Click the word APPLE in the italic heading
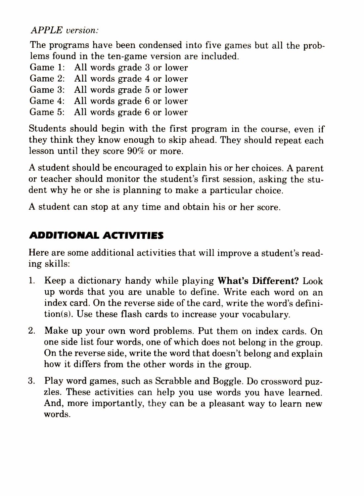pyautogui.click(x=46, y=30)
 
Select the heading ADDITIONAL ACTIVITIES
pyautogui.click(x=96, y=235)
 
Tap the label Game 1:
pyautogui.click(x=47, y=67)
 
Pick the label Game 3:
pyautogui.click(x=47, y=90)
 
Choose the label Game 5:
pyautogui.click(x=47, y=112)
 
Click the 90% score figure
pyautogui.click(x=136, y=151)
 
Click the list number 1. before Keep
pyautogui.click(x=32, y=281)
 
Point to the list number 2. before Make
pyautogui.click(x=32, y=331)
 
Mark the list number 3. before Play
pyautogui.click(x=32, y=381)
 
